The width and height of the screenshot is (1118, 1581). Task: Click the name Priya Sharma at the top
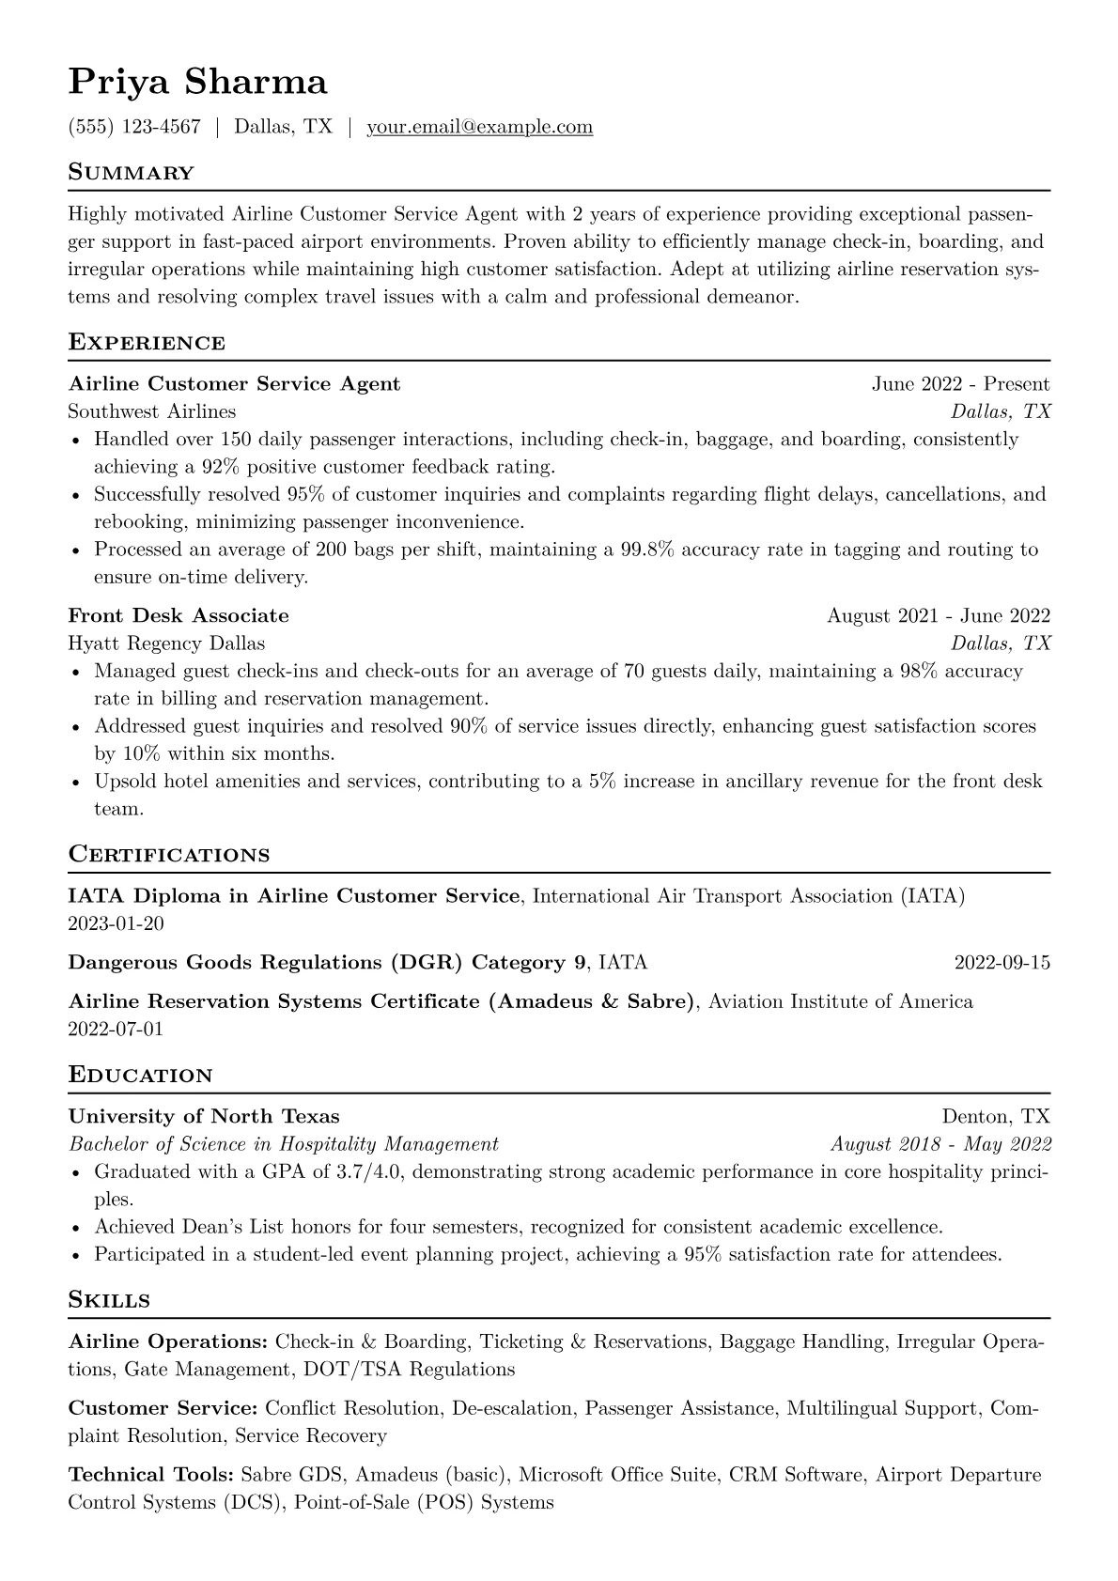coord(197,83)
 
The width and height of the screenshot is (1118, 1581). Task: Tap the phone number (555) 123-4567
coord(134,127)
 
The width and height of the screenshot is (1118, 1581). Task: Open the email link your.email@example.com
coord(479,127)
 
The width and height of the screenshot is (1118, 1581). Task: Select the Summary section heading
coord(131,173)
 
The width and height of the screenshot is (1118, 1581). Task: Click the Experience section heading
coord(147,343)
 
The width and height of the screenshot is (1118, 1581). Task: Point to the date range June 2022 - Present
coord(960,384)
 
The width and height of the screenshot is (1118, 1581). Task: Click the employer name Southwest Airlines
coord(151,411)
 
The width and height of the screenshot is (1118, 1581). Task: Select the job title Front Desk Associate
coord(179,616)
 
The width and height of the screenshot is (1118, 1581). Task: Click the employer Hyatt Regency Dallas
coord(166,643)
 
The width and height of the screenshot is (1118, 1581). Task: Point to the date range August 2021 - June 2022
coord(938,616)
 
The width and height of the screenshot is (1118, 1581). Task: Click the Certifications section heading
coord(169,855)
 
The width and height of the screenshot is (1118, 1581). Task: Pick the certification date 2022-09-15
coord(1002,963)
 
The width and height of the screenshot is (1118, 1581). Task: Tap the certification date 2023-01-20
coord(116,923)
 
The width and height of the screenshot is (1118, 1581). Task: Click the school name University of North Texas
coord(204,1117)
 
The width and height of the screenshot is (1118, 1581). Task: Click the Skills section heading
coord(109,1301)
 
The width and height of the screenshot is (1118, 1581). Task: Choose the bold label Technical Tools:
coord(151,1475)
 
